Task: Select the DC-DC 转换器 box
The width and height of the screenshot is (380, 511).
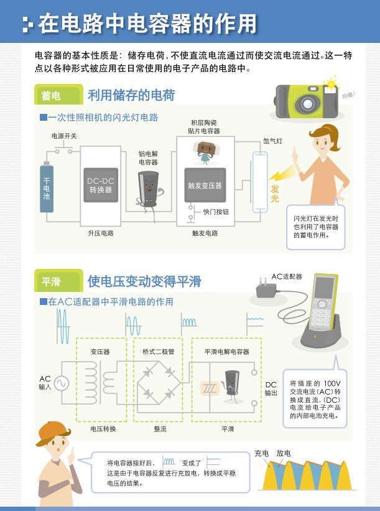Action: (x=100, y=185)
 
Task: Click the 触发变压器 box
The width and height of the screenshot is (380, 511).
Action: (x=205, y=185)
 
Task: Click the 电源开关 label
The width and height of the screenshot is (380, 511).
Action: (x=63, y=135)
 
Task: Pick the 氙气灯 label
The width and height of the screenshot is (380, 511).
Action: (x=272, y=141)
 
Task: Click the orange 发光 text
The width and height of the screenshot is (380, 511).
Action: (x=276, y=194)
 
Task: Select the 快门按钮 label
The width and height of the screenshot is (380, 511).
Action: (x=216, y=212)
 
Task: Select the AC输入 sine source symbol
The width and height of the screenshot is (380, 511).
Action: (x=63, y=382)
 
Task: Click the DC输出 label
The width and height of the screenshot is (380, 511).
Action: (x=271, y=389)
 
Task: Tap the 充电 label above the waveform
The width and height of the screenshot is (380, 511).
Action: (x=262, y=453)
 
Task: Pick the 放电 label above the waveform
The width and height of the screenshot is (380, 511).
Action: (x=284, y=453)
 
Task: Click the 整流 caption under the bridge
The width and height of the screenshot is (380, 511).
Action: (x=160, y=429)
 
